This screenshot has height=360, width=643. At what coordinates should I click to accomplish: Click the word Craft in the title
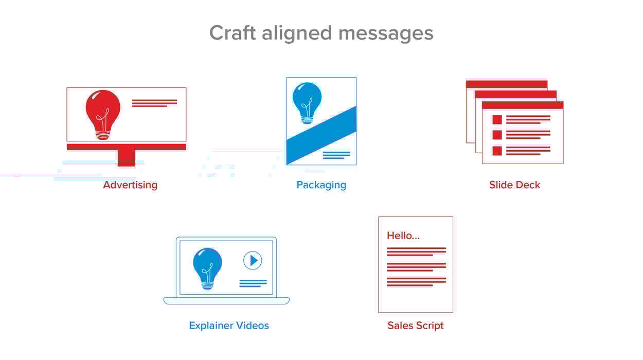(232, 33)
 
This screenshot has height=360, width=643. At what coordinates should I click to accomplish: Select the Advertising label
(130, 185)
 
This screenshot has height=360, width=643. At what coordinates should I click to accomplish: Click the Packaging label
(321, 185)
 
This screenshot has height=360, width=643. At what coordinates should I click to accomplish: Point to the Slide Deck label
(514, 185)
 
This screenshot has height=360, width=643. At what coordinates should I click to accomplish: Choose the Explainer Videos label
(229, 326)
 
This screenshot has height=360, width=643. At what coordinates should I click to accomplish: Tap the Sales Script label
(415, 326)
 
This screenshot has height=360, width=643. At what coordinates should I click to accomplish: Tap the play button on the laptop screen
(253, 260)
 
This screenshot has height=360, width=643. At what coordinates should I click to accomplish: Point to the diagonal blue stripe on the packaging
(321, 135)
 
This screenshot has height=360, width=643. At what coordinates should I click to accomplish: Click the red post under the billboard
(126, 157)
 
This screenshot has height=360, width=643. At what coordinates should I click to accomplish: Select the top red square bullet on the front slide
(497, 120)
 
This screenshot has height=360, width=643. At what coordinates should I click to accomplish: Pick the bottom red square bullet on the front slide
(497, 151)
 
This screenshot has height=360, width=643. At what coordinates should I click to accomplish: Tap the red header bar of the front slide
(523, 105)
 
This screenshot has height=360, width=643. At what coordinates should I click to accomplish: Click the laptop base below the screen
(226, 301)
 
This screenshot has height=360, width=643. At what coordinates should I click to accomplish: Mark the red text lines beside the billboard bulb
(154, 103)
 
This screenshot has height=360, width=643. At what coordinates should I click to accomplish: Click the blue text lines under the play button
(253, 283)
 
